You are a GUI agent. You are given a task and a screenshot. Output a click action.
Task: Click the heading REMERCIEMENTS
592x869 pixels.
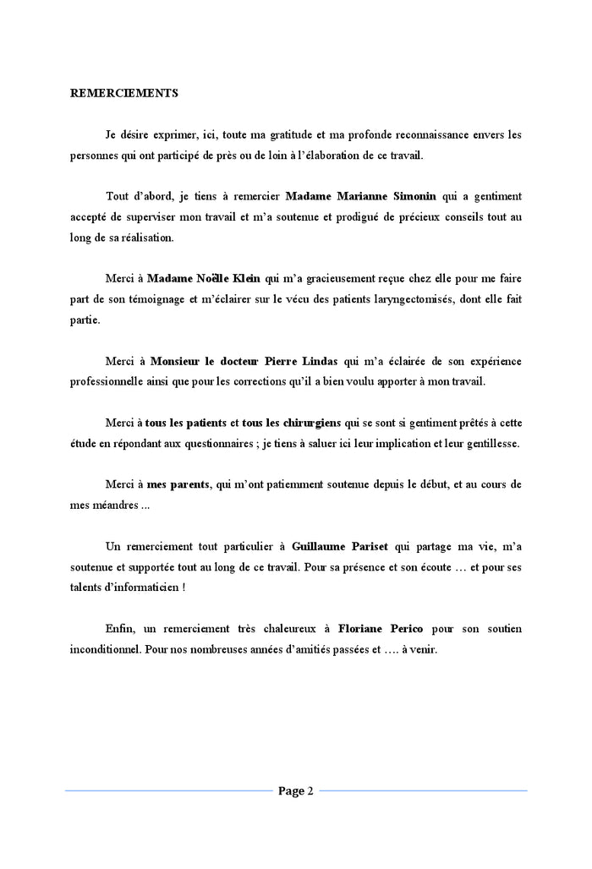point(123,94)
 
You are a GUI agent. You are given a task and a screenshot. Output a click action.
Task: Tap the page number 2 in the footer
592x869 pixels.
point(310,791)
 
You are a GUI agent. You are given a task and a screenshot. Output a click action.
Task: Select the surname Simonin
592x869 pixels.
point(413,196)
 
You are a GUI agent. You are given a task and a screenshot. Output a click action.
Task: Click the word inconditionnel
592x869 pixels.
point(106,650)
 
